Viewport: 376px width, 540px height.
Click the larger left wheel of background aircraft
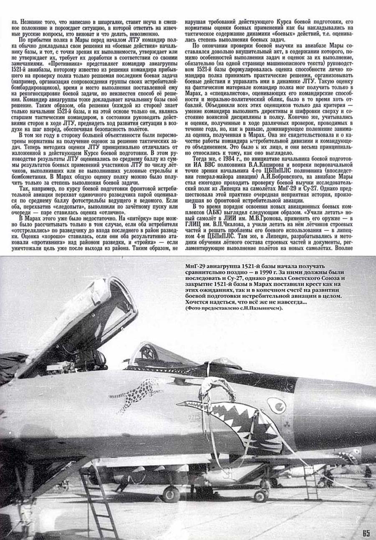coord(171,494)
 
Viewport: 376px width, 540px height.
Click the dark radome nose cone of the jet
coord(334,412)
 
